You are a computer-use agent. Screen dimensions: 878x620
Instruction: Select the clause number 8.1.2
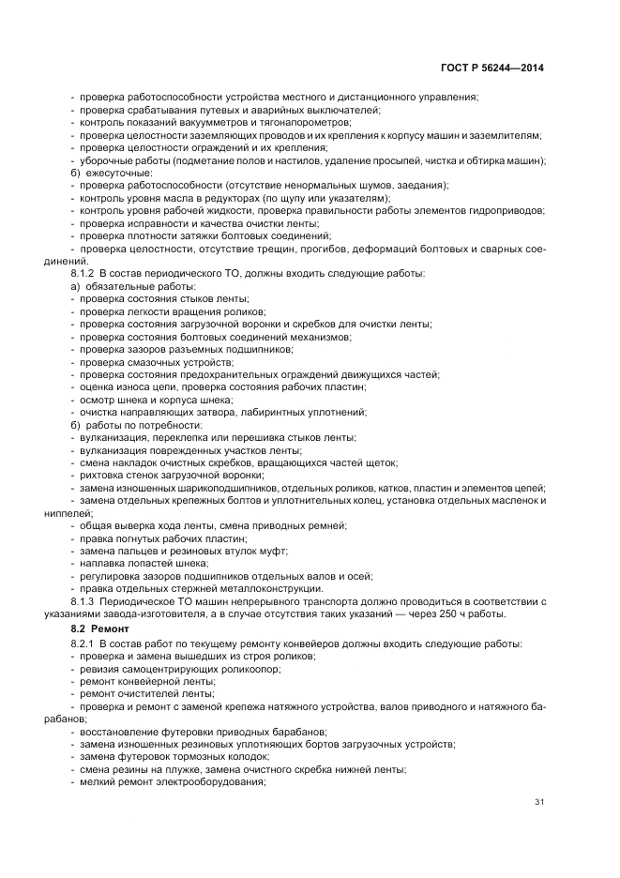tap(84, 273)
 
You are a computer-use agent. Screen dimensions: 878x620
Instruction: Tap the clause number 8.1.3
tap(84, 599)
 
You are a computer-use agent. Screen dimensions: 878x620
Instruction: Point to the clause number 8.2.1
tap(84, 643)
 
